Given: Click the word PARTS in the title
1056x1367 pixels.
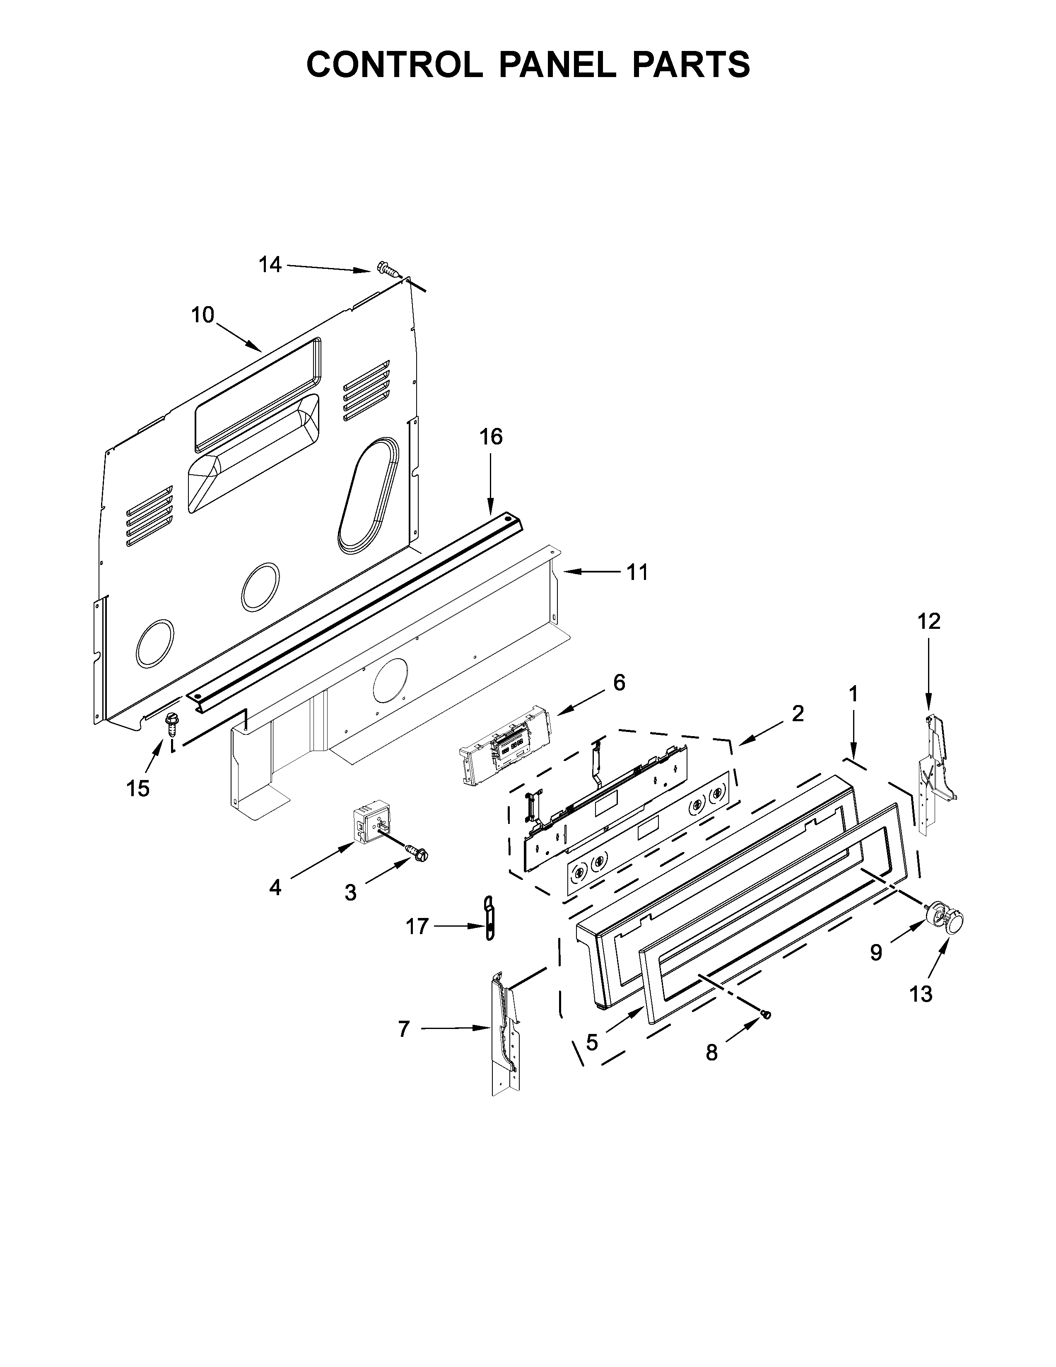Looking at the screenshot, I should [691, 65].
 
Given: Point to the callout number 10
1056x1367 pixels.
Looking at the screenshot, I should [203, 315].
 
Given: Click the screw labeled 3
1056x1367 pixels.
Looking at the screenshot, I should [417, 853].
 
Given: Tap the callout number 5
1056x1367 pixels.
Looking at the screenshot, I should [592, 1042].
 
